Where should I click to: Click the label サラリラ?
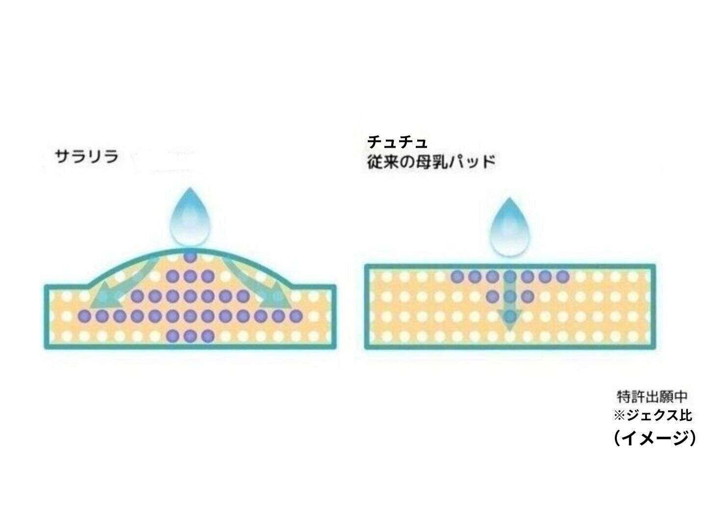pyautogui.click(x=87, y=157)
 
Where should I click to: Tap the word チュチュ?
pyautogui.click(x=397, y=142)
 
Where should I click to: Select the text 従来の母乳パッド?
pyautogui.click(x=430, y=161)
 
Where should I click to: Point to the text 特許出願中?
pyautogui.click(x=652, y=397)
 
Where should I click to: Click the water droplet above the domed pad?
pyautogui.click(x=190, y=217)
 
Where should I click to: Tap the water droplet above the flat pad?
pyautogui.click(x=509, y=227)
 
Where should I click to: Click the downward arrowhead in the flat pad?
pyautogui.click(x=509, y=319)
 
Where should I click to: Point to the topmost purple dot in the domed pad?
pyautogui.click(x=190, y=257)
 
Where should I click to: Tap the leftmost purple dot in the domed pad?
pyautogui.click(x=85, y=316)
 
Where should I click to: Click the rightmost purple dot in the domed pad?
pyautogui.click(x=295, y=316)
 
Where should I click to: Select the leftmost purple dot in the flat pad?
pyautogui.click(x=457, y=276)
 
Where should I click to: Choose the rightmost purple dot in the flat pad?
pyautogui.click(x=562, y=276)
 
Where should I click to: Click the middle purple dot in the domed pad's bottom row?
pyautogui.click(x=190, y=336)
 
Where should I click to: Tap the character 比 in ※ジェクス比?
pyautogui.click(x=685, y=415)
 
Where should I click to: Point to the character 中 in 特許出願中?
pyautogui.click(x=681, y=397)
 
